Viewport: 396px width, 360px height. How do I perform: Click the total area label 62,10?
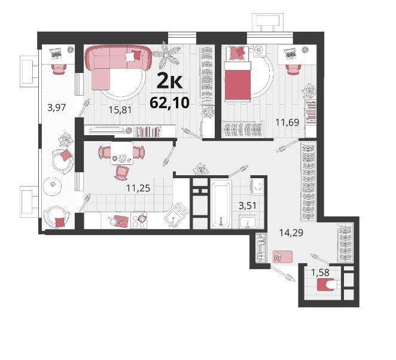point(169,103)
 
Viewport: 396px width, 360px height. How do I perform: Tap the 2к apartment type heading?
point(170,81)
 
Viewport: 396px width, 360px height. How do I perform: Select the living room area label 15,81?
point(120,110)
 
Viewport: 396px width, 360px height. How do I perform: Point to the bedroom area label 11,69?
point(287,123)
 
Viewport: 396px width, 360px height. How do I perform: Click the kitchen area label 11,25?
point(138,188)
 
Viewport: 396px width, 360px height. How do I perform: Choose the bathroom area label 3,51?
point(248,206)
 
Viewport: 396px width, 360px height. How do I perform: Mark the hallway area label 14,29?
point(291,233)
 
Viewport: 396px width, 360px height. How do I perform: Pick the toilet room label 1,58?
point(320,273)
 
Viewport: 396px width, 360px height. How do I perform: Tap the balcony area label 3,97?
point(57,108)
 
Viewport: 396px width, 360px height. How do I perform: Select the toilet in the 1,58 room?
point(328,285)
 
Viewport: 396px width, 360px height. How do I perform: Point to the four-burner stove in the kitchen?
point(139,221)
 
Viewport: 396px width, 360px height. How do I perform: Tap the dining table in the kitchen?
point(121,153)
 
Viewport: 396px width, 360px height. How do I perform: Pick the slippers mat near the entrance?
point(282,257)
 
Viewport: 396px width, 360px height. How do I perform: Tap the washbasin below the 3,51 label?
point(248,222)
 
